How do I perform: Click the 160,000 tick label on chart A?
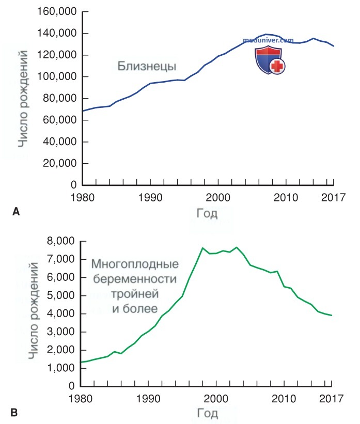[x=57, y=12]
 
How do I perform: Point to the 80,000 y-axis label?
[x=60, y=99]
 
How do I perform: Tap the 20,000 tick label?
[x=60, y=163]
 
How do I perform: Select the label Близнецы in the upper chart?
[x=147, y=66]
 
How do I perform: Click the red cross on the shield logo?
[x=277, y=66]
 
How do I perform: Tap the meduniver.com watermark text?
[x=268, y=40]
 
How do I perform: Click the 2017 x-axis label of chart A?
[x=333, y=198]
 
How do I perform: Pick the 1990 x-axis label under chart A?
[x=150, y=198]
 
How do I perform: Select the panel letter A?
[x=16, y=211]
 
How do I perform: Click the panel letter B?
[x=14, y=413]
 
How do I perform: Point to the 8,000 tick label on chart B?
[x=61, y=241]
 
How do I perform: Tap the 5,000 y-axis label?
[x=61, y=295]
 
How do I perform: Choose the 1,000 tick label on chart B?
[x=61, y=368]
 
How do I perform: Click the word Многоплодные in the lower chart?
[x=135, y=264]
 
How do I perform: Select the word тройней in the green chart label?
[x=135, y=294]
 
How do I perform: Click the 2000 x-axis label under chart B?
[x=216, y=399]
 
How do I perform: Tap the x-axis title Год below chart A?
[x=207, y=214]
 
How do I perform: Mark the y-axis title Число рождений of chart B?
[x=34, y=311]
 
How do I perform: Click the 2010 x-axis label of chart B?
[x=284, y=399]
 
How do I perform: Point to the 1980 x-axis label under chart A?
[x=83, y=198]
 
